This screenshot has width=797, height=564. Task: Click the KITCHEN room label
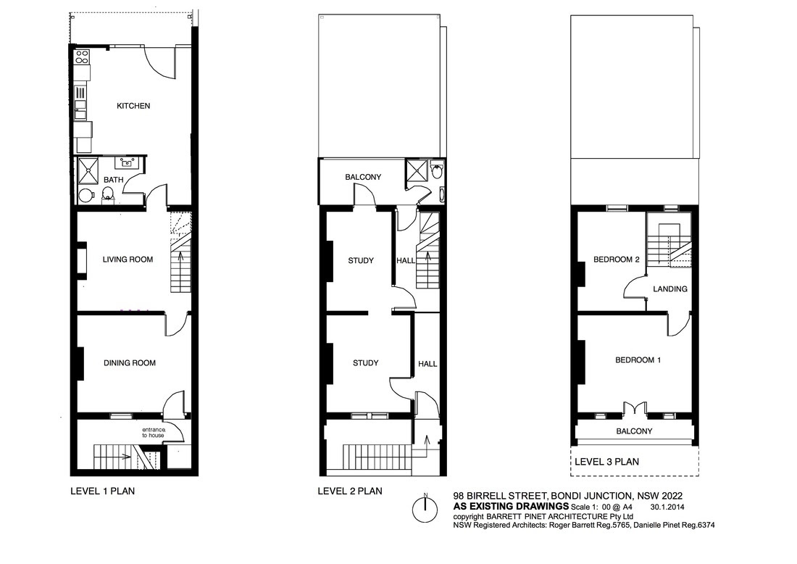click(x=133, y=106)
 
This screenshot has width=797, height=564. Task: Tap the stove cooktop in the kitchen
click(x=82, y=57)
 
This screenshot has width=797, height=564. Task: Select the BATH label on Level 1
click(x=113, y=180)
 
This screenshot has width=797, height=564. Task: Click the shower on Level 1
click(x=88, y=171)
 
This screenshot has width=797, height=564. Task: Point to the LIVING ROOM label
click(x=128, y=260)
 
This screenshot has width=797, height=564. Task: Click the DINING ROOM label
click(x=130, y=363)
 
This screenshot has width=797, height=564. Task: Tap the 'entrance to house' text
click(x=153, y=432)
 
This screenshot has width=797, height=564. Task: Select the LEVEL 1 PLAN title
click(x=102, y=492)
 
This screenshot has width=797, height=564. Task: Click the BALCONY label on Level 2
click(x=363, y=177)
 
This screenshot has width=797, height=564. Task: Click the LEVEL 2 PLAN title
click(x=350, y=492)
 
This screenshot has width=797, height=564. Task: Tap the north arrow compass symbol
click(x=425, y=509)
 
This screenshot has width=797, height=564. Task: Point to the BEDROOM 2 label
click(x=616, y=260)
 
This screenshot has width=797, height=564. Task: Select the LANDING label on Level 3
click(x=670, y=289)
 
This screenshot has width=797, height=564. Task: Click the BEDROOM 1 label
click(x=638, y=360)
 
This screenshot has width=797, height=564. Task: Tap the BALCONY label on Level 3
click(x=634, y=431)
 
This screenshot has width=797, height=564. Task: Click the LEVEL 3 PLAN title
click(x=606, y=462)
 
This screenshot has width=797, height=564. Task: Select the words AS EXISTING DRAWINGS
click(x=511, y=506)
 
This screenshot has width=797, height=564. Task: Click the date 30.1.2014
click(x=667, y=507)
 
